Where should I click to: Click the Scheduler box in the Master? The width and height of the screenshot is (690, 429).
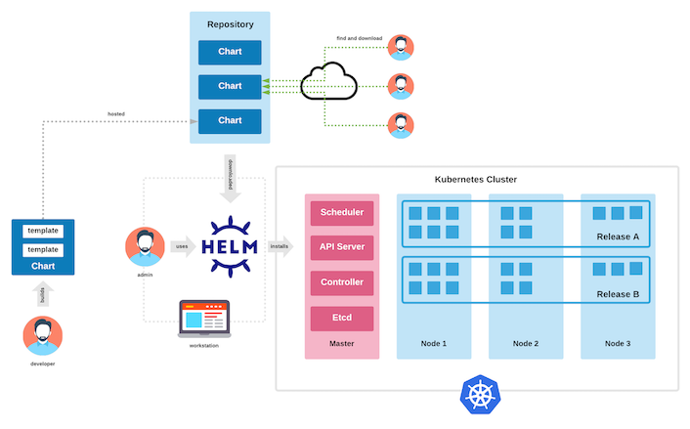[342, 212]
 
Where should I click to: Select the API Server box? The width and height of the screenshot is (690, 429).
[342, 247]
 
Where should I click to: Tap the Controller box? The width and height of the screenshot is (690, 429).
[342, 282]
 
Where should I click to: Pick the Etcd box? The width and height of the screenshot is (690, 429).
[342, 319]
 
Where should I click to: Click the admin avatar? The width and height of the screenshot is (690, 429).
[145, 246]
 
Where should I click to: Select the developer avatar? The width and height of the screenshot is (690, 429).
[42, 335]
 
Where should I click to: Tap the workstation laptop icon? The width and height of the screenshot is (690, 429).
[204, 319]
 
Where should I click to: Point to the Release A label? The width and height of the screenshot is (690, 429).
[618, 236]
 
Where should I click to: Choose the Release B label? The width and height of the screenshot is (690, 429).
[618, 293]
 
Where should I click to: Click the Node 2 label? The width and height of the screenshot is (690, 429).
[527, 343]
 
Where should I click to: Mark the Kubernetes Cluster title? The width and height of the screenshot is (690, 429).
[476, 180]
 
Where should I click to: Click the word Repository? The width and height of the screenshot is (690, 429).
[230, 23]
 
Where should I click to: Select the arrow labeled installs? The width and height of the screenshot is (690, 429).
[280, 246]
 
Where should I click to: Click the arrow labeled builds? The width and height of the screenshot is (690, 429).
[42, 294]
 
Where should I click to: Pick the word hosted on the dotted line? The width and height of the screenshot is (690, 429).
[116, 114]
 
